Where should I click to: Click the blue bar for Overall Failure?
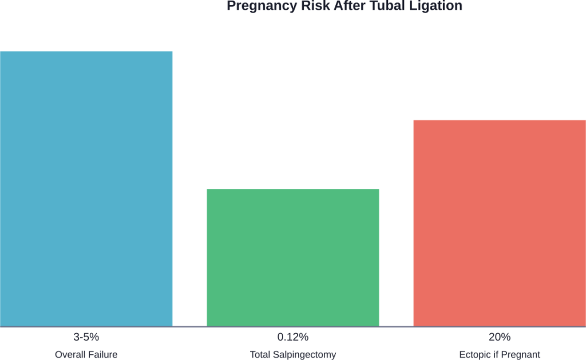coord(86,189)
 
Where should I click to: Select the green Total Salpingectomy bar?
coord(292,258)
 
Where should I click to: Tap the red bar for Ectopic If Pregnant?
coord(499,223)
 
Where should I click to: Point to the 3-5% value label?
coord(86,336)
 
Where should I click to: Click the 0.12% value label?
coord(292,336)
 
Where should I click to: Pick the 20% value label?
coord(499,336)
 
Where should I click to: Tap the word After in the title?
coord(346,6)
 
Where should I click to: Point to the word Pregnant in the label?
coord(520,355)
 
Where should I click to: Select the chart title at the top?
coord(344,6)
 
